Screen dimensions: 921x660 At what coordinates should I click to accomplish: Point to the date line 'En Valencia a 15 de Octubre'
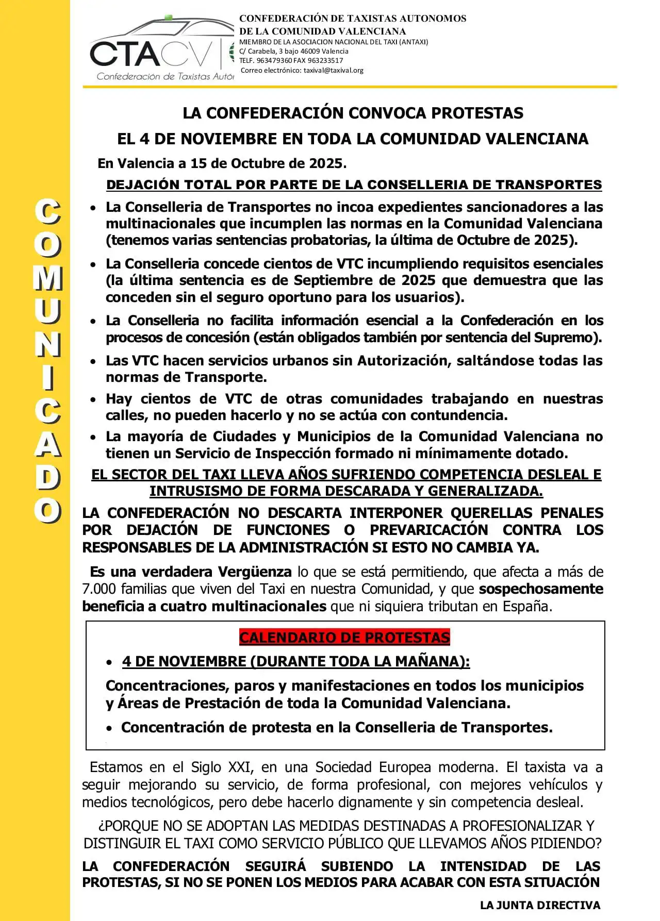pos(222,163)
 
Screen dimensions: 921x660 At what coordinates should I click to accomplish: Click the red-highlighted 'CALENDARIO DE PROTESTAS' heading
pos(344,638)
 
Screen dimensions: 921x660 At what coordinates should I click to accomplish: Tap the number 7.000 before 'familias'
pos(100,589)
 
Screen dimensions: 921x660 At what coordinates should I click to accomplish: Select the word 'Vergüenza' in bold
pos(255,572)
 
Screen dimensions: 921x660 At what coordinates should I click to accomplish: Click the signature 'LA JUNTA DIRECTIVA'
pos(540,905)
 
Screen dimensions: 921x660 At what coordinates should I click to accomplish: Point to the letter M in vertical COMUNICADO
pos(48,278)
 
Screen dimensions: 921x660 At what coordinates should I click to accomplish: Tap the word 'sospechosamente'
pos(541,589)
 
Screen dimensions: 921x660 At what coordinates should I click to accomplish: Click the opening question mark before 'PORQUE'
pos(101,826)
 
